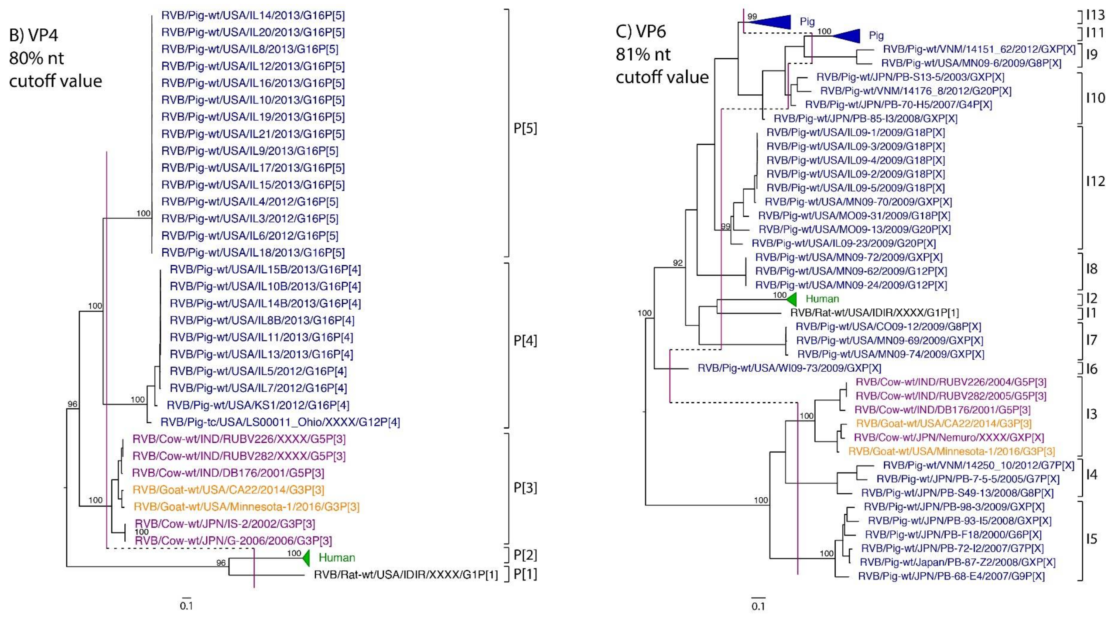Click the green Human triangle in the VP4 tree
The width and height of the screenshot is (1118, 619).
[307, 557]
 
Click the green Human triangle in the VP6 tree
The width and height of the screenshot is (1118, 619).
[792, 299]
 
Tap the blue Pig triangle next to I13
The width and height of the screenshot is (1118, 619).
[774, 21]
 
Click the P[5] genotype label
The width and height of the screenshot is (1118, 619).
[525, 128]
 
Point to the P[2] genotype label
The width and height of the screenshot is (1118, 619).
[525, 555]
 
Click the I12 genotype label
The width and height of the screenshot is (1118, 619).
[1095, 181]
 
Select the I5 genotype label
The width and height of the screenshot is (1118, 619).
[1091, 539]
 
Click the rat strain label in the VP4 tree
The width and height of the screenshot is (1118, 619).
[406, 575]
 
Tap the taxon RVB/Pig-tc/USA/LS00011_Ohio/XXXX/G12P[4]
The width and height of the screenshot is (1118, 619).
[280, 422]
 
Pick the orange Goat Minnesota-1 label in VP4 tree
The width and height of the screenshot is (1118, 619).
[246, 506]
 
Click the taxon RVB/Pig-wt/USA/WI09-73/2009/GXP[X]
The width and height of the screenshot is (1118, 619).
[789, 368]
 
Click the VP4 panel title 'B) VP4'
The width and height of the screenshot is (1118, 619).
[34, 35]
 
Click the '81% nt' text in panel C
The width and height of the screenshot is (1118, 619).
[643, 55]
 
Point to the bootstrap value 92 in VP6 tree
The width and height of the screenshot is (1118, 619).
[677, 263]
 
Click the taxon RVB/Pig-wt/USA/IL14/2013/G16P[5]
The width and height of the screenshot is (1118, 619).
[253, 16]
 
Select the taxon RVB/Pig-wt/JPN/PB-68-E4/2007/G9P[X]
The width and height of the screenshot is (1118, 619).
[951, 576]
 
